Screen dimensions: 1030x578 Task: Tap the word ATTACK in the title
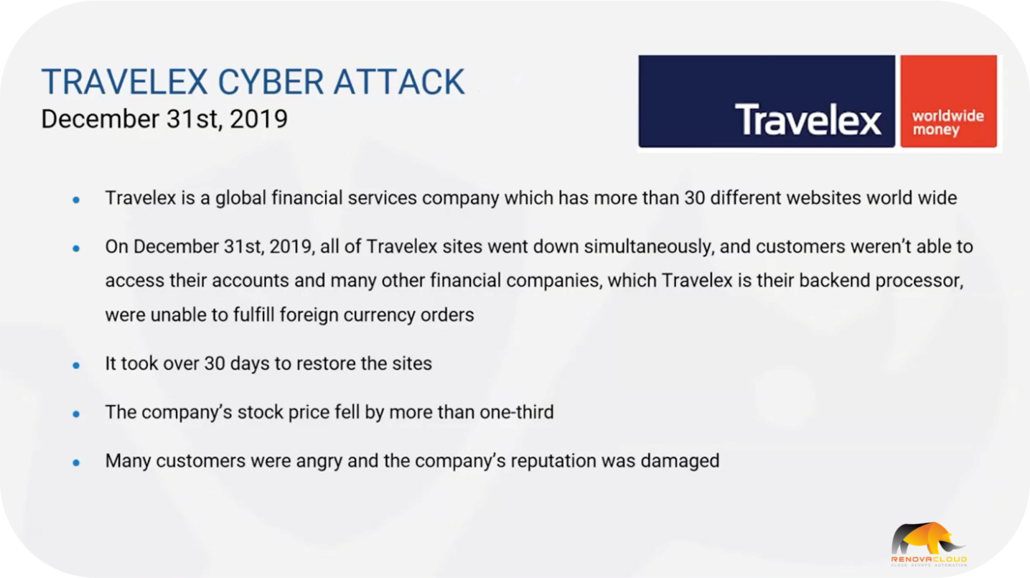[x=399, y=82]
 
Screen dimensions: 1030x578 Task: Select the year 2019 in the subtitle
[x=258, y=118]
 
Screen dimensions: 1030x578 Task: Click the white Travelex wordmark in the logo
[x=808, y=120]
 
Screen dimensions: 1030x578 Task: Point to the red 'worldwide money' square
[x=949, y=101]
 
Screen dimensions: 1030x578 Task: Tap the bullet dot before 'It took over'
[x=76, y=365]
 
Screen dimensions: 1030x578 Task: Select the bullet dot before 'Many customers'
[x=76, y=462]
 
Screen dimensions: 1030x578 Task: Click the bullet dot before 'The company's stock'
[x=76, y=414]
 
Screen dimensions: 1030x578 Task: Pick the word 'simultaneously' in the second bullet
[x=650, y=248]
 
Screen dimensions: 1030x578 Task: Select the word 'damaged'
[x=680, y=461]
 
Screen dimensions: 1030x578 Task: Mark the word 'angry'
[x=319, y=462]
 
